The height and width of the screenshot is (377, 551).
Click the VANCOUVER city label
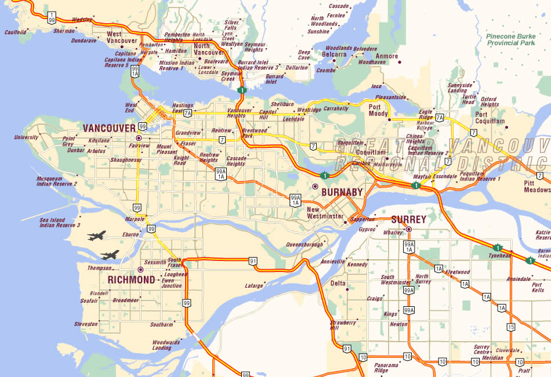point(109,128)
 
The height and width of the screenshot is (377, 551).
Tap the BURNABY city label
point(342,192)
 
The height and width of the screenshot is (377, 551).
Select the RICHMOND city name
point(132,280)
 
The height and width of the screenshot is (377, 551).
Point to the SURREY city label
point(409,219)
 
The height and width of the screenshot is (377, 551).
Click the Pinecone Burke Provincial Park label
point(510,39)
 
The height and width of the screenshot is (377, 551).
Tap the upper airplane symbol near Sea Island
point(97,236)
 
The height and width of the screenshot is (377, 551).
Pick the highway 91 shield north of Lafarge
point(253,262)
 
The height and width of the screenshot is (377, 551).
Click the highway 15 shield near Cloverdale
point(510,327)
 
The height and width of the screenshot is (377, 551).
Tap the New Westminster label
point(325,212)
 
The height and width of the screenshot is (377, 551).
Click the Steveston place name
point(86,324)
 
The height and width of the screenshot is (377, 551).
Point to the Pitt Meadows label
point(536,186)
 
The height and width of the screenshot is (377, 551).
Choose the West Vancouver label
point(122,38)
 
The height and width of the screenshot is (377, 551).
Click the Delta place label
point(338,283)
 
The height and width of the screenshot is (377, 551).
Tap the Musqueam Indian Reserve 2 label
point(56,181)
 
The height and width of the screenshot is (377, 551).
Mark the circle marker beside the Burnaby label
point(315,187)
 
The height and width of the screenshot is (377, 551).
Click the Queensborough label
point(305,245)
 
